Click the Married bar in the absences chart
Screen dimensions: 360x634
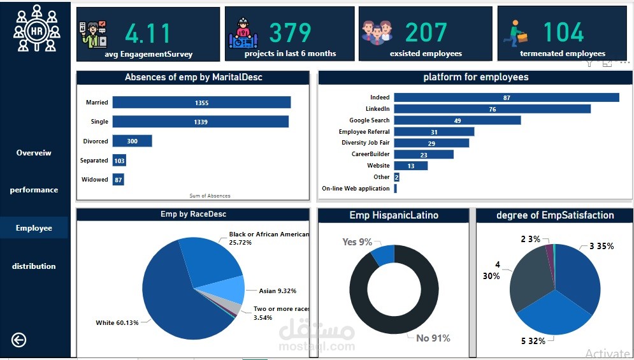(x=201, y=103)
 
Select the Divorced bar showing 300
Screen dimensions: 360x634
(x=133, y=141)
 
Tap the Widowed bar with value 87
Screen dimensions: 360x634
(x=119, y=180)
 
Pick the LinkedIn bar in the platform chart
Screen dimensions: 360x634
(x=492, y=109)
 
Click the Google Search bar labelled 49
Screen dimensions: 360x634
(x=457, y=120)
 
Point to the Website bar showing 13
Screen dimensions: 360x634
(x=410, y=166)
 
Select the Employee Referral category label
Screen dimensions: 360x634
(x=364, y=132)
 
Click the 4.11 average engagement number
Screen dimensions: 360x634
(x=148, y=32)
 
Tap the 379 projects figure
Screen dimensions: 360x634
(x=290, y=32)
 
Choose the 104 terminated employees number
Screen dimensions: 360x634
(x=563, y=32)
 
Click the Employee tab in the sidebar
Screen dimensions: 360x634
(x=34, y=228)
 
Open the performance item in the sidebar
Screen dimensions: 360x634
(x=34, y=190)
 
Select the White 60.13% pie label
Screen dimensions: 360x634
(x=117, y=323)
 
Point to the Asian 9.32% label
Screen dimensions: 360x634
(x=277, y=291)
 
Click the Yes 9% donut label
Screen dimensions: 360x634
(x=357, y=242)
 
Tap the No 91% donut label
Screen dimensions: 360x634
(x=433, y=338)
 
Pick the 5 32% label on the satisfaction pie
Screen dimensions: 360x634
(x=533, y=341)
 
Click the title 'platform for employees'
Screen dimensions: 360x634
(x=475, y=77)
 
